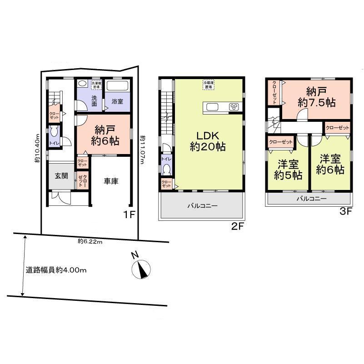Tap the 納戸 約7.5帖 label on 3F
316,97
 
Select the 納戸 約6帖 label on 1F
105,135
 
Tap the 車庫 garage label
111,181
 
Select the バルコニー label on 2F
202,206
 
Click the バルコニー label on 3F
311,199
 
